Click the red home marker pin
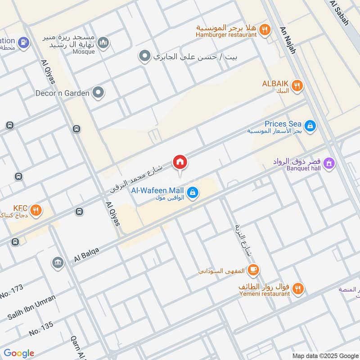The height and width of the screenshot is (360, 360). click(x=180, y=162)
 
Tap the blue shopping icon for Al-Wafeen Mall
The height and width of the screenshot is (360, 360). click(x=193, y=193)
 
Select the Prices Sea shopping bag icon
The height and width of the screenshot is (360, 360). click(x=310, y=126)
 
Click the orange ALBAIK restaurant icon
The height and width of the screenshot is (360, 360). click(x=297, y=85)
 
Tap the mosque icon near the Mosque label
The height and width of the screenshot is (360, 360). click(x=104, y=43)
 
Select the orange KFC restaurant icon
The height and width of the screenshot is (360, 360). click(x=36, y=210)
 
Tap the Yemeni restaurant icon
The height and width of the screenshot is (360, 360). click(x=297, y=288)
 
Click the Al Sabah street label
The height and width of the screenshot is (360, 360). click(x=339, y=12)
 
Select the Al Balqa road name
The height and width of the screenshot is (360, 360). click(x=86, y=255)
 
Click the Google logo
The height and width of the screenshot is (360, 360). click(x=19, y=353)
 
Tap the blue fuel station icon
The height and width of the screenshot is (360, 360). click(x=25, y=42)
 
